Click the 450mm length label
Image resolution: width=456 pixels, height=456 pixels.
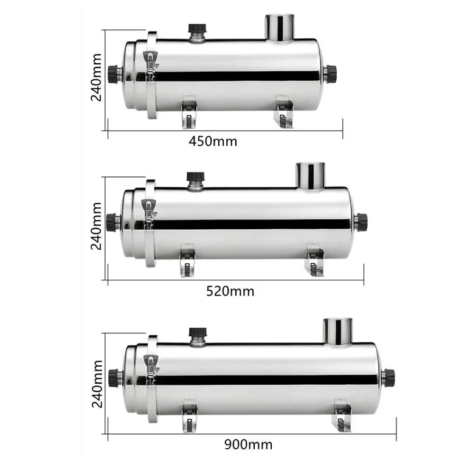click(x=213, y=141)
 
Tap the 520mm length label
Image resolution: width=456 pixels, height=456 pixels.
click(x=230, y=291)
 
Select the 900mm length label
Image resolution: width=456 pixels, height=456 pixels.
click(x=248, y=444)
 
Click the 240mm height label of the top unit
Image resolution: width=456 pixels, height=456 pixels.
click(x=96, y=77)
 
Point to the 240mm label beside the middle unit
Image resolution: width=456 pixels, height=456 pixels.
click(x=96, y=226)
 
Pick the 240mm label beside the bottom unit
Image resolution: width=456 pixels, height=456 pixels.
click(x=97, y=384)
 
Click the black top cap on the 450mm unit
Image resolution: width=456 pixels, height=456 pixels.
click(x=197, y=28)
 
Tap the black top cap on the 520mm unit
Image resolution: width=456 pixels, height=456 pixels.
click(x=195, y=176)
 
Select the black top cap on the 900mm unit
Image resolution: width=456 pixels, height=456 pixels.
click(x=198, y=332)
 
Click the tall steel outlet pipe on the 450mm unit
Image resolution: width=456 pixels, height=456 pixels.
click(x=280, y=27)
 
